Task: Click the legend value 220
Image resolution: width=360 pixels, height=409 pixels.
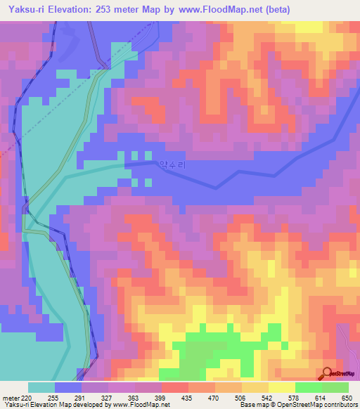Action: click(x=27, y=397)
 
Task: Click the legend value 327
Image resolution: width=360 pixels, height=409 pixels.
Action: click(x=108, y=397)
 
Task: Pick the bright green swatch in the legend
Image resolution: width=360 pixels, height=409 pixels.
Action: click(x=308, y=387)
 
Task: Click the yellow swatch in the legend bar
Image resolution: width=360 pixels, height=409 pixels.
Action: click(x=281, y=387)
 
